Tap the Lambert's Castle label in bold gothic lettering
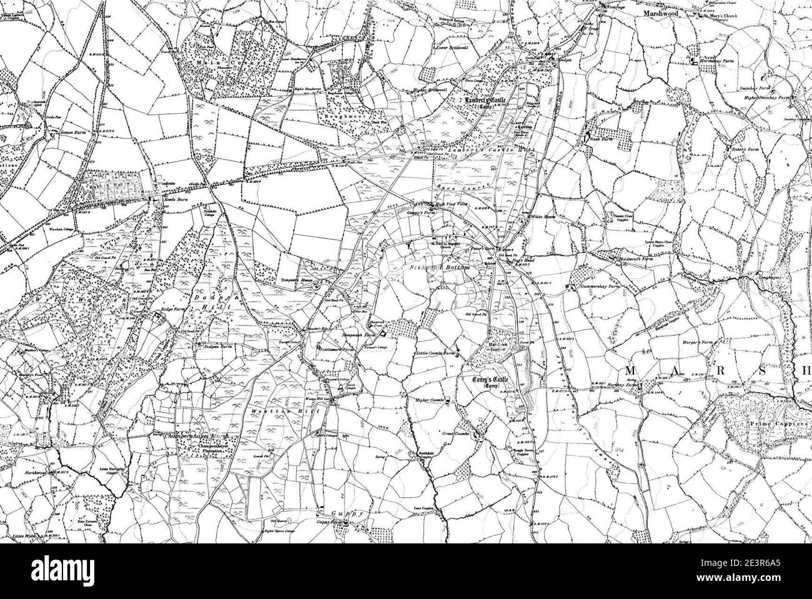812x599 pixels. [x=482, y=100]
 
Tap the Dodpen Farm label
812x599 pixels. [x=215, y=345]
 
